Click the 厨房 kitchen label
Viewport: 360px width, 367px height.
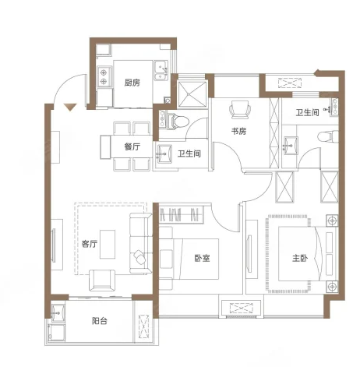click(132, 83)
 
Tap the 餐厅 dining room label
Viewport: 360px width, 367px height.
click(132, 146)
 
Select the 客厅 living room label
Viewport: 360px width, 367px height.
click(90, 244)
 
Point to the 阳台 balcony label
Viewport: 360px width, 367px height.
click(100, 321)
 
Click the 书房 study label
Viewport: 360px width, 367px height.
click(238, 131)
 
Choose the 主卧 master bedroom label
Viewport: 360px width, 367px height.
click(300, 258)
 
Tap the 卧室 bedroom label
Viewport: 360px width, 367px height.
click(202, 258)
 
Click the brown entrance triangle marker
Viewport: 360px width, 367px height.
click(70, 107)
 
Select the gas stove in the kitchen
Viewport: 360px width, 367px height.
click(104, 76)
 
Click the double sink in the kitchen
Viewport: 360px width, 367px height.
click(161, 70)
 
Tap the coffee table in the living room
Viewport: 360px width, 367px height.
click(108, 244)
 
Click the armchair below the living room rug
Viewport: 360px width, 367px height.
click(102, 280)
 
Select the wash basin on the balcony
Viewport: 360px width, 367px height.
click(58, 312)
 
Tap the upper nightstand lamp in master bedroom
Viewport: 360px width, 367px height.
click(332, 221)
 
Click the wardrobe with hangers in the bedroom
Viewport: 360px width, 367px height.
click(181, 214)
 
